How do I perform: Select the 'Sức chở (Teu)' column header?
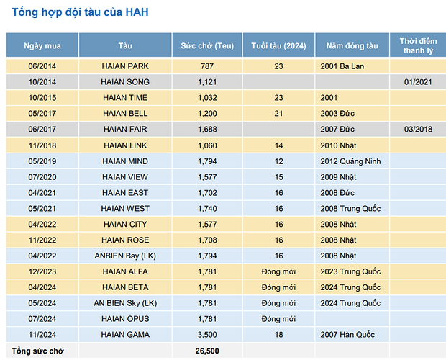click(x=207, y=46)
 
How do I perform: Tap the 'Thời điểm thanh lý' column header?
click(x=418, y=45)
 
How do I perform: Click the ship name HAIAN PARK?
click(x=125, y=66)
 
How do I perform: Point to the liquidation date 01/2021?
click(x=417, y=82)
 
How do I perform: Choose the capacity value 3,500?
click(x=207, y=335)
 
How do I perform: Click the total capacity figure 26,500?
click(x=207, y=351)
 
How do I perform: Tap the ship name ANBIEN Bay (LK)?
click(x=125, y=256)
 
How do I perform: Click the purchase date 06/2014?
click(x=42, y=66)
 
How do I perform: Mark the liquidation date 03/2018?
click(x=417, y=130)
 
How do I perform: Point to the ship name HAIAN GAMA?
click(x=125, y=335)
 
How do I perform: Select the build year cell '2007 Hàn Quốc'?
click(x=347, y=335)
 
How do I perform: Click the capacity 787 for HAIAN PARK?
click(x=207, y=66)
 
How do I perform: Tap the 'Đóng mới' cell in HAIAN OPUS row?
click(x=278, y=319)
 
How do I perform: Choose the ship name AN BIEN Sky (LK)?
click(x=125, y=303)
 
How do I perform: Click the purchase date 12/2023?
click(x=42, y=271)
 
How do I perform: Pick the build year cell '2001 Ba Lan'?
click(x=342, y=66)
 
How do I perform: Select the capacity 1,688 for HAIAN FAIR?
click(x=207, y=130)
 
